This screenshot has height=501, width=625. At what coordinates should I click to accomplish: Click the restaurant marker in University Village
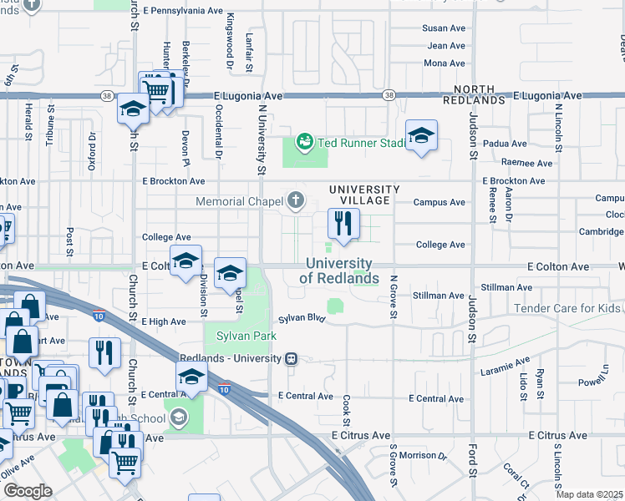coord(343,223)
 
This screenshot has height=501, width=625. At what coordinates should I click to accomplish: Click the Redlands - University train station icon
coord(291,358)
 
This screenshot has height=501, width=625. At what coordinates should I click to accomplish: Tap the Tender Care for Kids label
coord(567,308)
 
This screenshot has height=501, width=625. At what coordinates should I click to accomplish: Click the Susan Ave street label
coord(444,28)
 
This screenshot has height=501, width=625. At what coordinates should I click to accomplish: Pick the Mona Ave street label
coord(445,63)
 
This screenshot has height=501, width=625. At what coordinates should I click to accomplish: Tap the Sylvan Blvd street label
coord(301,318)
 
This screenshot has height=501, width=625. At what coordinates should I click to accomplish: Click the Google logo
coord(27,491)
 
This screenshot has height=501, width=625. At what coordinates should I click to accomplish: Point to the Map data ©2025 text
coord(589,494)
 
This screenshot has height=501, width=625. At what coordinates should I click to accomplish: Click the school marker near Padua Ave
coord(421,135)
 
